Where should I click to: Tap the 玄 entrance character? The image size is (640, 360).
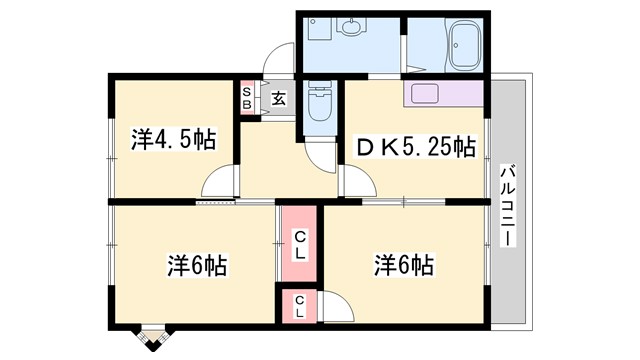click(x=278, y=99)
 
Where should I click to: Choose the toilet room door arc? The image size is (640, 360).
click(x=322, y=155)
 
